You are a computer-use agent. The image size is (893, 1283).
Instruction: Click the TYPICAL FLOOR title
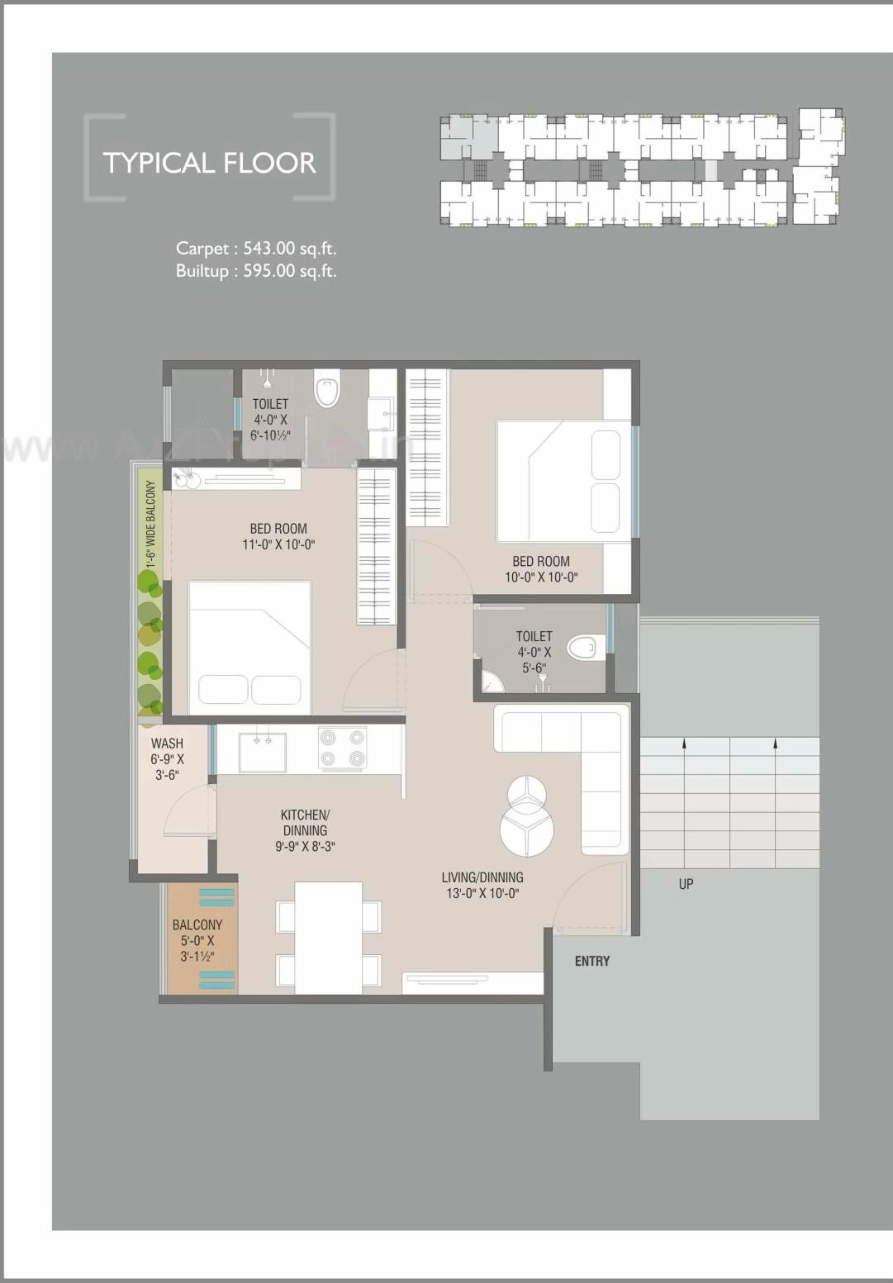(209, 163)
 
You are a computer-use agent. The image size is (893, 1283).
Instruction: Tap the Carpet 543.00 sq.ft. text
(256, 249)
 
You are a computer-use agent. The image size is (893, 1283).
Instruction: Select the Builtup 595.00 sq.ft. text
(256, 271)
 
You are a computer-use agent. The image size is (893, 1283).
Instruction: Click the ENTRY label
(592, 962)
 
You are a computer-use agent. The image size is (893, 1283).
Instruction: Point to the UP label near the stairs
(686, 884)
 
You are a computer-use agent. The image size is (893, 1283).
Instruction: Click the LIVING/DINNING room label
(482, 885)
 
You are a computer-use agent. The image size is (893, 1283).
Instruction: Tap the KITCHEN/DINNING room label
(305, 830)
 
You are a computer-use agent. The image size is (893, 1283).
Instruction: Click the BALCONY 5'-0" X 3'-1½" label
(197, 940)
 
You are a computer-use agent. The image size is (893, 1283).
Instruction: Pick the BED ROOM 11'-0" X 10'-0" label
(278, 536)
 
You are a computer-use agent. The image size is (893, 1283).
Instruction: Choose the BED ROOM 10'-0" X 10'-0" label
(541, 569)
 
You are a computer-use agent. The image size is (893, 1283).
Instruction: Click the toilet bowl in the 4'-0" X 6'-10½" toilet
(327, 388)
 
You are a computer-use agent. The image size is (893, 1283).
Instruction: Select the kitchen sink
(263, 750)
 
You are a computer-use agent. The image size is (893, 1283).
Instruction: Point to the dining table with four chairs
(329, 938)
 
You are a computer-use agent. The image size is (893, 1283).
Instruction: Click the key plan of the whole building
(641, 169)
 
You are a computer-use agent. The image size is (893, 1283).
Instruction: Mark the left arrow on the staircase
(684, 744)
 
